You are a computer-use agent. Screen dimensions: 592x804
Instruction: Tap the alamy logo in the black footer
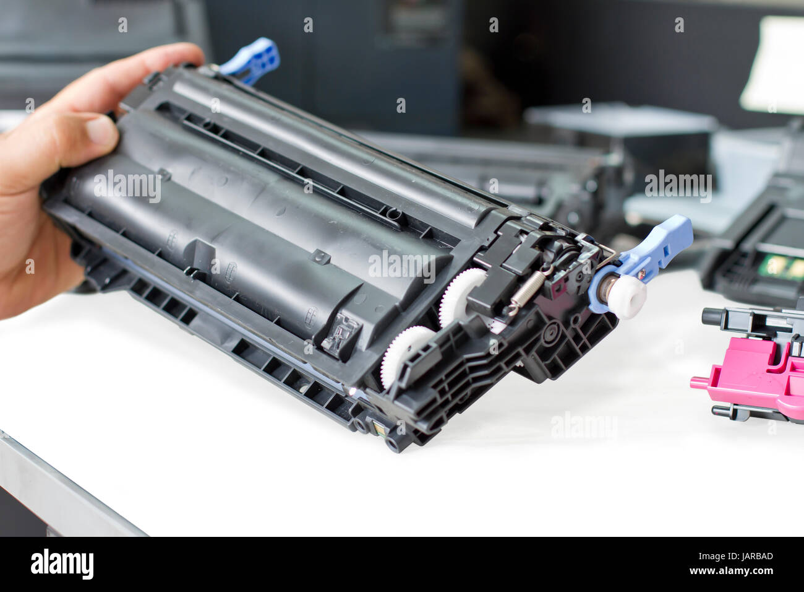coord(62,564)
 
